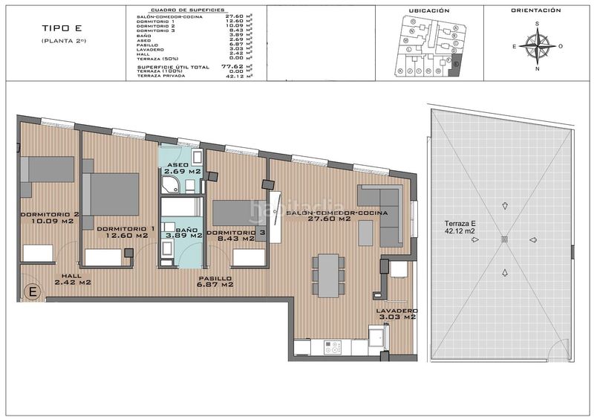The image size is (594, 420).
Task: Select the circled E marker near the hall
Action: point(32,291)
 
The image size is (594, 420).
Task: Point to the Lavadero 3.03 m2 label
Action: point(396,314)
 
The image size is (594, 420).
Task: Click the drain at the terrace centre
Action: point(505,239)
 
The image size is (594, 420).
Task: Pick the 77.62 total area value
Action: point(232,66)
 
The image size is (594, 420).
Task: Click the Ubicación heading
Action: point(429,11)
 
